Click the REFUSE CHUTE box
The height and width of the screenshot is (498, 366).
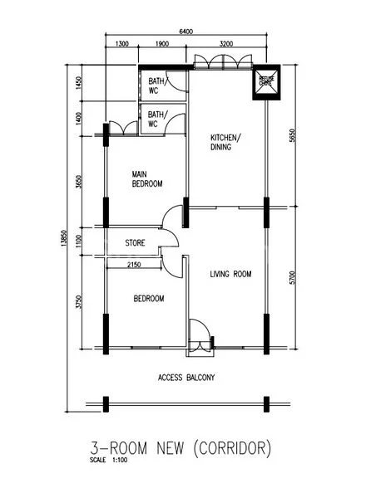tap(267, 81)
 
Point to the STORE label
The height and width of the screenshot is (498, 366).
tap(136, 243)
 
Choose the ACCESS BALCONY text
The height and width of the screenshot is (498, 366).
tap(186, 378)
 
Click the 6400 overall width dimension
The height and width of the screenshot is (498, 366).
tap(185, 32)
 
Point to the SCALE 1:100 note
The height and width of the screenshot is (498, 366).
tap(106, 463)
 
